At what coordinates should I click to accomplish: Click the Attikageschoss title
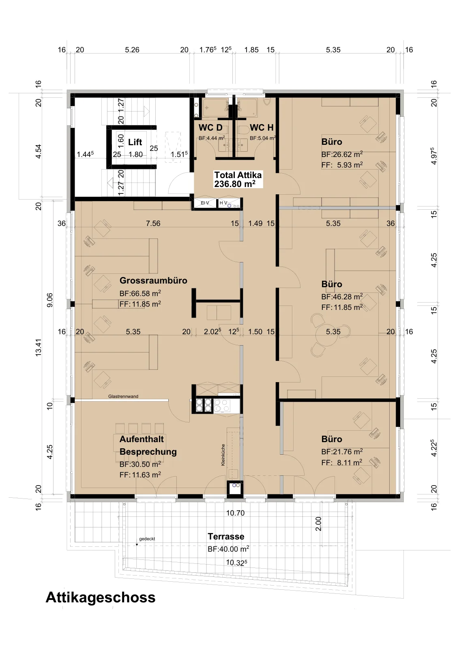(x=101, y=597)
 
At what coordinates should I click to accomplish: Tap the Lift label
(x=135, y=142)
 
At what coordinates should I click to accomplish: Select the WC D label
(x=210, y=127)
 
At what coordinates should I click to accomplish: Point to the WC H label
(x=262, y=127)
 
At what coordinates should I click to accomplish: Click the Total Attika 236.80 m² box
(x=238, y=179)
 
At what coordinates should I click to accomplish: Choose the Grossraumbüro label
(x=154, y=280)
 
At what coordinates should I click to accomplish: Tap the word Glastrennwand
(x=123, y=396)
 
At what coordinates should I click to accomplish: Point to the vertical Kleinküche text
(x=223, y=455)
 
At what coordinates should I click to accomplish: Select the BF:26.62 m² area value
(x=342, y=154)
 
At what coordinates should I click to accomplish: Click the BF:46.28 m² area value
(x=342, y=297)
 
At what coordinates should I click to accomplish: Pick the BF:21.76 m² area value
(x=342, y=451)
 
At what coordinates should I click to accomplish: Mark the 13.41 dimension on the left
(x=39, y=347)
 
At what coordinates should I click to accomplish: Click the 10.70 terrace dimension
(x=235, y=513)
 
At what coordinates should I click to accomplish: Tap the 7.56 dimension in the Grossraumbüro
(x=153, y=223)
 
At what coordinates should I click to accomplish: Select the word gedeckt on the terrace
(x=147, y=539)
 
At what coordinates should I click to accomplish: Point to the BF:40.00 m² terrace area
(x=228, y=549)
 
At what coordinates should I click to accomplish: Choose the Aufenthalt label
(x=142, y=439)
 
